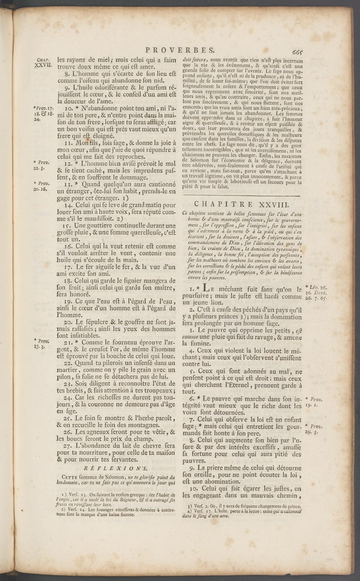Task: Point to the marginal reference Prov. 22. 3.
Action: pos(42,165)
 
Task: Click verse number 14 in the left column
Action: pos(68,205)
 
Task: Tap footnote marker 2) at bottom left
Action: pos(64,509)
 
